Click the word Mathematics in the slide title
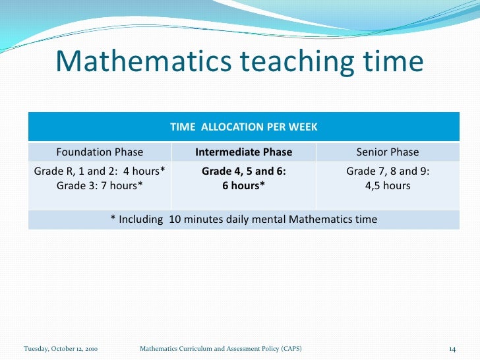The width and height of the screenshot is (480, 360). coord(143,62)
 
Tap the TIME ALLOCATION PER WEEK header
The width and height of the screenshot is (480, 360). coord(244,127)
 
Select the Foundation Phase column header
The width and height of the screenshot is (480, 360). coord(100,152)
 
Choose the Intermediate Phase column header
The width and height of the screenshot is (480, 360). coord(244,152)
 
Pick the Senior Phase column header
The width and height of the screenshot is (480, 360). coord(388,152)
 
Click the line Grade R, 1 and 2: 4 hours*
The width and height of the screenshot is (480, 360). coord(100,171)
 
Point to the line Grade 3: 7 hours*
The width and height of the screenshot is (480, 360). coord(100,185)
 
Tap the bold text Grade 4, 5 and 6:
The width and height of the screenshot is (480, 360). coord(244,171)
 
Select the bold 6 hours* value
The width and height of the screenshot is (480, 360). coord(244,185)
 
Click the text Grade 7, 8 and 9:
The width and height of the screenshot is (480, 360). coord(388,171)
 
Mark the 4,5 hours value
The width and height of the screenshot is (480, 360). coord(388,185)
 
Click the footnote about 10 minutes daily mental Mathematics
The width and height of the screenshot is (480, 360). coord(244,219)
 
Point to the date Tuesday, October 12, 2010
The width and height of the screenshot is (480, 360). coord(61,347)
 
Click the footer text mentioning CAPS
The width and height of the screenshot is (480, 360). coord(222,347)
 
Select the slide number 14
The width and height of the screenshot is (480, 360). coord(452,347)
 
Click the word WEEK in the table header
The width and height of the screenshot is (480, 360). coord(304,127)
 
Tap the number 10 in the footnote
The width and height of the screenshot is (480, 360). coord(175,219)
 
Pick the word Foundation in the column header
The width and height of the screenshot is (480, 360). coord(84,152)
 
